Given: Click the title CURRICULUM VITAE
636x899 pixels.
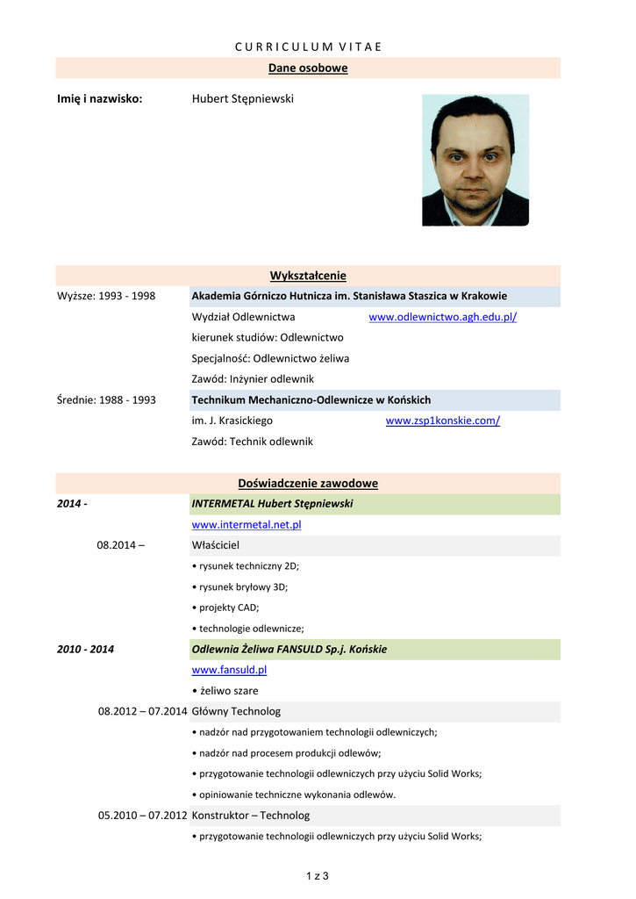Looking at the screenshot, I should click(x=308, y=47).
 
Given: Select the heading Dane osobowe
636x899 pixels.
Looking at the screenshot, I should click(x=308, y=68).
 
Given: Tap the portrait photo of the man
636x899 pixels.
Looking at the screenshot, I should click(x=475, y=160).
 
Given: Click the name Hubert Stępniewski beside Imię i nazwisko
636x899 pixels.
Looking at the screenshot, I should click(x=243, y=99).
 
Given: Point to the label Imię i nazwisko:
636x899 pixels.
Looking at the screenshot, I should click(x=100, y=99).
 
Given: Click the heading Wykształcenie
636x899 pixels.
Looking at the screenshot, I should click(x=308, y=276).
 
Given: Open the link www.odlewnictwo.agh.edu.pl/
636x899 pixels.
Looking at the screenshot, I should click(x=442, y=317).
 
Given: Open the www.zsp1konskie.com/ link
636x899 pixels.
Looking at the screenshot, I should click(x=442, y=421).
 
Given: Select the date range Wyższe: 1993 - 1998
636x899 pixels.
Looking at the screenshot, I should click(x=106, y=296).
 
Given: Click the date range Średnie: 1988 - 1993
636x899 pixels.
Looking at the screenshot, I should click(x=106, y=399).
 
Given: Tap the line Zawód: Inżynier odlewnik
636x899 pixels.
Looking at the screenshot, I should click(x=253, y=378).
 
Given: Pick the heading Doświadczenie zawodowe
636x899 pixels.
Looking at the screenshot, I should click(x=308, y=483).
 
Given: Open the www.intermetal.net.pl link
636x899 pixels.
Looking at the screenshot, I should click(x=247, y=524).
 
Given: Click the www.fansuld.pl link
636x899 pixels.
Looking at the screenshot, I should click(x=229, y=670).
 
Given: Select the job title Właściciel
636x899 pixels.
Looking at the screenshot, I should click(x=215, y=545).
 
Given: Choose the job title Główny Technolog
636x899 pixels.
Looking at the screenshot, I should click(x=236, y=711).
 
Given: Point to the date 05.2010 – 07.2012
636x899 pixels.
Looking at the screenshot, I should click(x=142, y=815).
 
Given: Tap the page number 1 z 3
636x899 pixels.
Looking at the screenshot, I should click(x=317, y=875).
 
